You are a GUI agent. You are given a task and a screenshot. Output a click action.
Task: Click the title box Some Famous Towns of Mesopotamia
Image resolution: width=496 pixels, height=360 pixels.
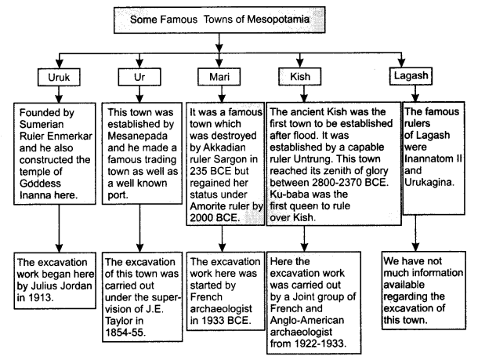(219, 20)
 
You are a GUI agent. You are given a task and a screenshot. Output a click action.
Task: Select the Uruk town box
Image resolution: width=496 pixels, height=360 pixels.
(59, 77)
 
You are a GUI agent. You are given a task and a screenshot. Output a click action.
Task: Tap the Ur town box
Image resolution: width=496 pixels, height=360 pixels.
(139, 77)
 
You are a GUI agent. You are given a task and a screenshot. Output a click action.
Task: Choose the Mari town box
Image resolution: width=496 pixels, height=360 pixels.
(219, 77)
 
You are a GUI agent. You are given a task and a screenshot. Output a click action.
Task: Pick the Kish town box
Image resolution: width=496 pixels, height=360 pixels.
(300, 76)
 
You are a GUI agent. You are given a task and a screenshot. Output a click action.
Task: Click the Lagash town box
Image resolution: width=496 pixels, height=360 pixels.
(411, 75)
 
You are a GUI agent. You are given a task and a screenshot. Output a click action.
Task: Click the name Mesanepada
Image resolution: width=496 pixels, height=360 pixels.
(137, 136)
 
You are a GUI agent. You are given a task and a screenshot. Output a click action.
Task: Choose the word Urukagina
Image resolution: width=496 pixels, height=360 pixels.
(429, 183)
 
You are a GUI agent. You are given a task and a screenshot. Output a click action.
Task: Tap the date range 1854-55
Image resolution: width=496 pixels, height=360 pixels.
(125, 333)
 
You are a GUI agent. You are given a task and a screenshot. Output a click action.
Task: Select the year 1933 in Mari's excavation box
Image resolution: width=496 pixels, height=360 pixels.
(211, 321)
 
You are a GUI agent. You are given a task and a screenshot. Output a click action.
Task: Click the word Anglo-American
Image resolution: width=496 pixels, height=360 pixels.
(307, 320)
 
